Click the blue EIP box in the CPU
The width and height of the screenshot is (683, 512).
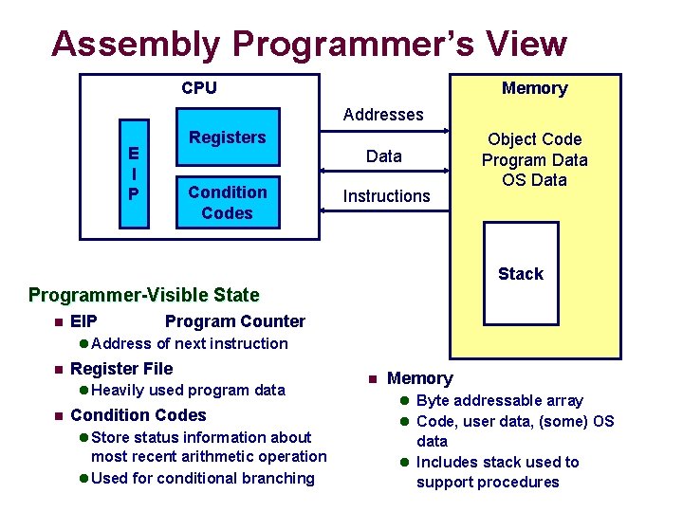pyautogui.click(x=133, y=174)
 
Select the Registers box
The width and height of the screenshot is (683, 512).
pyautogui.click(x=228, y=137)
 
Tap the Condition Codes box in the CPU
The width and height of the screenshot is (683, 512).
pyautogui.click(x=228, y=202)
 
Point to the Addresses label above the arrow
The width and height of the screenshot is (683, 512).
pyautogui.click(x=383, y=115)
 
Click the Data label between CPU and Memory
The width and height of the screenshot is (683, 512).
pyautogui.click(x=384, y=156)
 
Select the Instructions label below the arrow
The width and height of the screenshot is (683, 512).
pyautogui.click(x=386, y=196)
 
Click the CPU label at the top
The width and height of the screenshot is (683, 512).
pyautogui.click(x=199, y=88)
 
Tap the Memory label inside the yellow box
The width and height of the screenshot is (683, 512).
pyautogui.click(x=534, y=88)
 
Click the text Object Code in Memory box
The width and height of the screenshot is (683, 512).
pyautogui.click(x=534, y=139)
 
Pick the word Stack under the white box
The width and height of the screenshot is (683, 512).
pyautogui.click(x=521, y=274)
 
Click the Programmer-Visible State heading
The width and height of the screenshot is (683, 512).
pyautogui.click(x=143, y=295)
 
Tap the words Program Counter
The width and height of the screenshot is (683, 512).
pyautogui.click(x=235, y=321)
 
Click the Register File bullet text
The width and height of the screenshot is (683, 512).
pyautogui.click(x=121, y=369)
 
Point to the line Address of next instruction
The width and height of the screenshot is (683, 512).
pyautogui.click(x=190, y=343)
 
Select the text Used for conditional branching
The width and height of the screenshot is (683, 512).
pyautogui.click(x=203, y=478)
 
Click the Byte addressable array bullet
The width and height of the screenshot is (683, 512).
pyautogui.click(x=499, y=400)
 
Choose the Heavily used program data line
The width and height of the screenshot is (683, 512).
pyautogui.click(x=188, y=390)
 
